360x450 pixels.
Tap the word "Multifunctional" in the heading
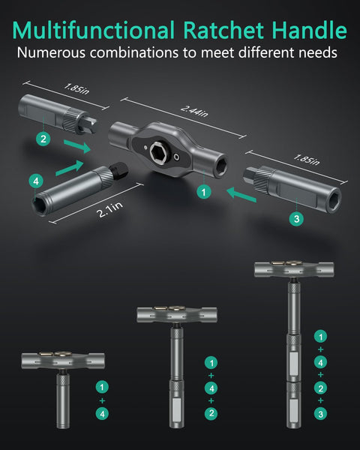[x=91, y=31]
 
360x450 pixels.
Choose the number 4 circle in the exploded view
[x=34, y=181]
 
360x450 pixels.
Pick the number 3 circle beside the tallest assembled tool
[x=321, y=414]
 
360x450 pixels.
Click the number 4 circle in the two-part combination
[x=102, y=412]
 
